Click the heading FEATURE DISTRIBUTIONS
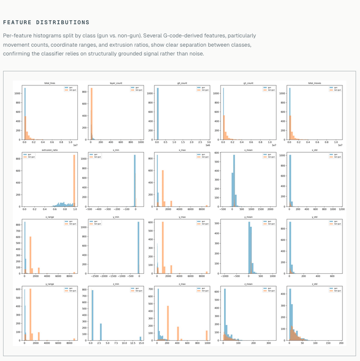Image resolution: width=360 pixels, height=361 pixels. coord(46,22)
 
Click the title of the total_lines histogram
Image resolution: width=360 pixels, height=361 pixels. coord(50,83)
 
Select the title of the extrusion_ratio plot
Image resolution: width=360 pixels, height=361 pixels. coord(50,150)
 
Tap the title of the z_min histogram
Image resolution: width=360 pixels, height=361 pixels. coord(116,284)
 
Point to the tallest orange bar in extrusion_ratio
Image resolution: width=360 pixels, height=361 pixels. coord(74,180)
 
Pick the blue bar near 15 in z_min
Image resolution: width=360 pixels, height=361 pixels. coord(141,338)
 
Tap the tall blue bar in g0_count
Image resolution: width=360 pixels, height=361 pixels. coord(158,114)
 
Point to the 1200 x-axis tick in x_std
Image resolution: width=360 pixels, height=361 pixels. coord(341,209)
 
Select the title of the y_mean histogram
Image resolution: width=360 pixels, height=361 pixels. coord(248,217)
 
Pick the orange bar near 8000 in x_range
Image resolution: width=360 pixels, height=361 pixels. coord(74,273)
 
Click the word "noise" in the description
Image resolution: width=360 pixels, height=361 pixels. coord(195,54)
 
